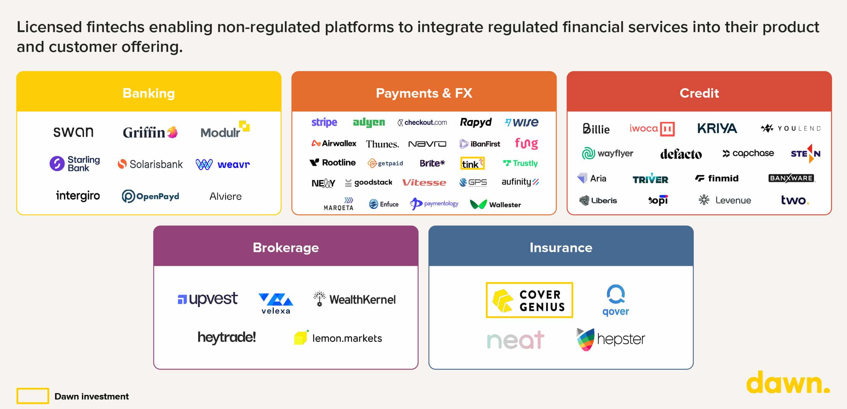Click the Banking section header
click(x=149, y=93)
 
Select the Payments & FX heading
click(x=424, y=93)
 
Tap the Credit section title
click(x=699, y=93)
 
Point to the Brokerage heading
click(x=286, y=248)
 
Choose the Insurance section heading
click(x=561, y=248)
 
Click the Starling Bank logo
click(x=75, y=164)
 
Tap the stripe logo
click(x=324, y=122)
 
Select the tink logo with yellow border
click(x=473, y=164)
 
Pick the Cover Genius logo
click(x=529, y=300)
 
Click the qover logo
click(x=615, y=300)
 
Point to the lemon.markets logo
click(x=338, y=338)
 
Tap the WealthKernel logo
click(x=354, y=299)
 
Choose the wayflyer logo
click(x=607, y=153)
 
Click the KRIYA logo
click(x=717, y=128)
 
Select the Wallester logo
click(x=495, y=204)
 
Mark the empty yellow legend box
click(x=32, y=396)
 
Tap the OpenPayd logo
click(x=150, y=196)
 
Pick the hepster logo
click(x=611, y=339)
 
